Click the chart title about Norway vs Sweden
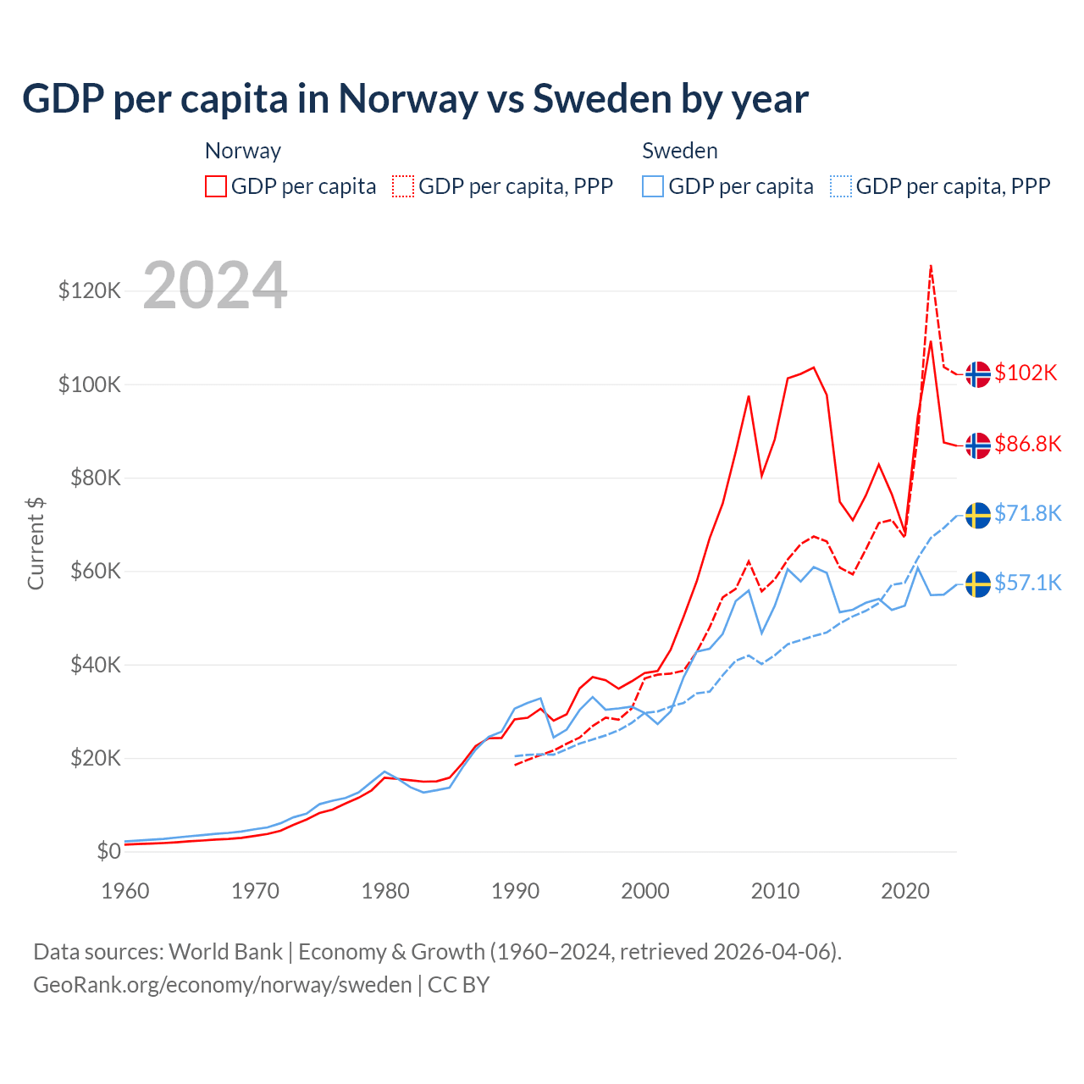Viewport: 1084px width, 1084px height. tap(415, 99)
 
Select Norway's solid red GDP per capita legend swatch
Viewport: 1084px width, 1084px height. tap(216, 186)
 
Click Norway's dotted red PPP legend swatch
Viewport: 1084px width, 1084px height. tap(403, 186)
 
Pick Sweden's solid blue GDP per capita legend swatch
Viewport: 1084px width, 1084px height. tap(653, 186)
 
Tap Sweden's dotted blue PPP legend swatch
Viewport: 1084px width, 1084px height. tap(841, 186)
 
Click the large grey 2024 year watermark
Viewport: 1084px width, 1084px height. tap(215, 286)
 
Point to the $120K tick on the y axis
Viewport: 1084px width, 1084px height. tap(90, 291)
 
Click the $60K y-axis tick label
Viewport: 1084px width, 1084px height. tap(90, 572)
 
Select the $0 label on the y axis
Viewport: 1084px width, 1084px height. tap(108, 852)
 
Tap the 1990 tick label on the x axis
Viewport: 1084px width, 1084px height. tap(515, 891)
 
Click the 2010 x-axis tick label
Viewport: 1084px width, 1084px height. tap(775, 891)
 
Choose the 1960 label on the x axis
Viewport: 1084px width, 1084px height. tap(125, 891)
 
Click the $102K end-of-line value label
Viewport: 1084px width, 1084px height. tap(1026, 373)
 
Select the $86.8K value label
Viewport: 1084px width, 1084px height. tap(1028, 445)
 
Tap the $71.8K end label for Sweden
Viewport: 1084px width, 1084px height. tap(1028, 514)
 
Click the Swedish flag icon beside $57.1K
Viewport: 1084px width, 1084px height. tap(978, 584)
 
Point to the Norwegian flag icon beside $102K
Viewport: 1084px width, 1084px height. tap(978, 374)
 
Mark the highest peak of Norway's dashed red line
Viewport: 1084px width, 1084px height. tap(931, 266)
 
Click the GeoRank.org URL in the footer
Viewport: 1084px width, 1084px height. tap(223, 985)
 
